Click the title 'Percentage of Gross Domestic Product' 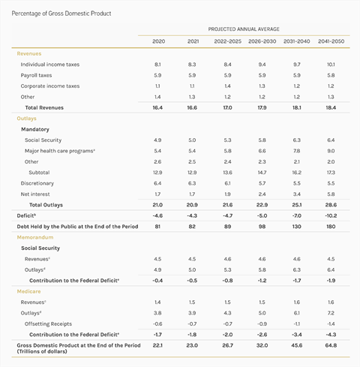pyautogui.click(x=61, y=14)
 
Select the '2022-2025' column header pyautogui.click(x=227, y=41)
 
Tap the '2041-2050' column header pyautogui.click(x=331, y=41)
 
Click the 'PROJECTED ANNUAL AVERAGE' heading pyautogui.click(x=244, y=29)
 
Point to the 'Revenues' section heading pyautogui.click(x=29, y=53)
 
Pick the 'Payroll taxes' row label pyautogui.click(x=36, y=75)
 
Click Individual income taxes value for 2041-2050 pyautogui.click(x=331, y=65)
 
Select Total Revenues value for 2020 pyautogui.click(x=157, y=107)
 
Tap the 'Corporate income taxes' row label pyautogui.click(x=50, y=86)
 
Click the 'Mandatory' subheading pyautogui.click(x=35, y=129)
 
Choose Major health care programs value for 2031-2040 pyautogui.click(x=296, y=151)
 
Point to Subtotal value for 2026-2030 pyautogui.click(x=262, y=173)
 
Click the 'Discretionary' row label pyautogui.click(x=37, y=183)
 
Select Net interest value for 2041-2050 pyautogui.click(x=331, y=194)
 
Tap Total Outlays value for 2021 pyautogui.click(x=192, y=205)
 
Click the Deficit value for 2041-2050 pyautogui.click(x=331, y=215)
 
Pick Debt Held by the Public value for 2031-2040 pyautogui.click(x=296, y=227)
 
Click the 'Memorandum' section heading pyautogui.click(x=35, y=237)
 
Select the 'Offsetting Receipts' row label pyautogui.click(x=48, y=324)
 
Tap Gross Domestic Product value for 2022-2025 pyautogui.click(x=227, y=345)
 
